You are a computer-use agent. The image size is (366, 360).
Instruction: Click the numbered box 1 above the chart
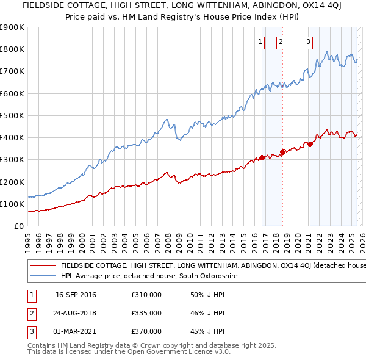click(x=260, y=42)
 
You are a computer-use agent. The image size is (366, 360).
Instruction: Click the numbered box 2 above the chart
click(x=281, y=42)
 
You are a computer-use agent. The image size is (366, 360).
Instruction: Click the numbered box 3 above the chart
click(x=308, y=42)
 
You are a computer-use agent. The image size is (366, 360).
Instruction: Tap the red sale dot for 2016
click(x=262, y=157)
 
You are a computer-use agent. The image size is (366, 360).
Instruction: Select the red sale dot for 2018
click(x=283, y=152)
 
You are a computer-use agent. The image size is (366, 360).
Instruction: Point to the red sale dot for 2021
click(x=310, y=144)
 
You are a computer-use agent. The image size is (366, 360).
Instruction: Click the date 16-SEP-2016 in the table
click(x=76, y=295)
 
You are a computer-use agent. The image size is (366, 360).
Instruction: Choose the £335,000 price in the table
click(x=146, y=313)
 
